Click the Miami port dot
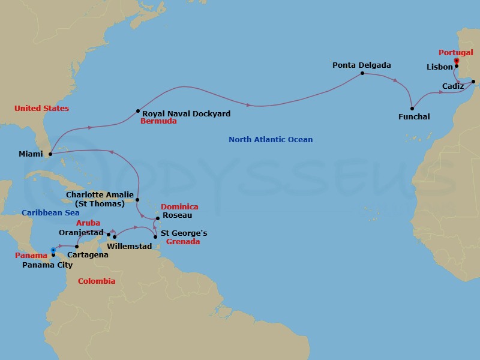(50, 154)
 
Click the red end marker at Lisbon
(457, 61)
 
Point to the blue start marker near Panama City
(53, 250)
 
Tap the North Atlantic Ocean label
(271, 140)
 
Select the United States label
(41, 109)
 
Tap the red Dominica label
(179, 207)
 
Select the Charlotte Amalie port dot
(137, 200)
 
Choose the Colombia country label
(97, 281)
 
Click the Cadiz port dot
(473, 82)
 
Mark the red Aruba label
(88, 223)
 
